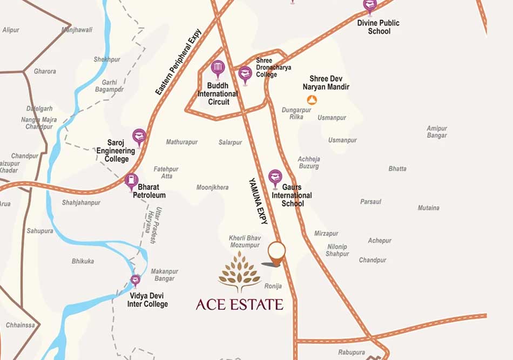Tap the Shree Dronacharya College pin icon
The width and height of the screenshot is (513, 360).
245,74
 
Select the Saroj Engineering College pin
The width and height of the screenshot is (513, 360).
139,137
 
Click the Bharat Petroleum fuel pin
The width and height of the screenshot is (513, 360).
131,181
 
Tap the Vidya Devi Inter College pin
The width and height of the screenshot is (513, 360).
135,280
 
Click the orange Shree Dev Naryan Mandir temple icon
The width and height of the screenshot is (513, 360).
312,99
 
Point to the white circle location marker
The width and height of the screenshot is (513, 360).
276,252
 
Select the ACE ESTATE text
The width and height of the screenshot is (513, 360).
239,304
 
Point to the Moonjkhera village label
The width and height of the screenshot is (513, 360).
212,188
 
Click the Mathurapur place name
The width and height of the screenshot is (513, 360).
181,142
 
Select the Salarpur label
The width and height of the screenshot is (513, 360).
230,142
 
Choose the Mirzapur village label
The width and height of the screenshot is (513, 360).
326,234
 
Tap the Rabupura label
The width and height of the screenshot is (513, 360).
352,352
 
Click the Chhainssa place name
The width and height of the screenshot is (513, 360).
20,325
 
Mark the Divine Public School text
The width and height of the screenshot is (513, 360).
379,27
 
